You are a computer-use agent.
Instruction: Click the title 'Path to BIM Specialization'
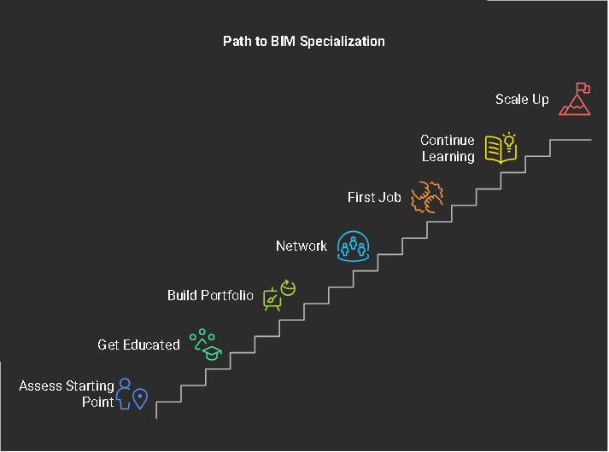pyautogui.click(x=304, y=41)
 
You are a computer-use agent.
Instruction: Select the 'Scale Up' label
pyautogui.click(x=522, y=100)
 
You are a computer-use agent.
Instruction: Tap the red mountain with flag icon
pyautogui.click(x=575, y=100)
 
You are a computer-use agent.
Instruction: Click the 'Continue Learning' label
pyautogui.click(x=448, y=148)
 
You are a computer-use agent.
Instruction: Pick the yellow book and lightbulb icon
pyautogui.click(x=501, y=148)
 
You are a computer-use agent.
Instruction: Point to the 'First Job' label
pyautogui.click(x=374, y=197)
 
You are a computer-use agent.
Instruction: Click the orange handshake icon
pyautogui.click(x=426, y=197)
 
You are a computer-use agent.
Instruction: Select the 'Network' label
pyautogui.click(x=301, y=246)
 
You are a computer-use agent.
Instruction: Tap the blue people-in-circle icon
pyautogui.click(x=353, y=246)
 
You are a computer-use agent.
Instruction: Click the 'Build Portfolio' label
pyautogui.click(x=210, y=296)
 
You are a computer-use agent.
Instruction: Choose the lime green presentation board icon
pyautogui.click(x=278, y=296)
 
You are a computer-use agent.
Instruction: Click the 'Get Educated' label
pyautogui.click(x=138, y=345)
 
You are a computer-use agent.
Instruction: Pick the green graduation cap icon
pyautogui.click(x=206, y=345)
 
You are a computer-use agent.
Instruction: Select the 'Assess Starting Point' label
pyautogui.click(x=67, y=394)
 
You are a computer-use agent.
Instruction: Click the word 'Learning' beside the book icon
pyautogui.click(x=448, y=157)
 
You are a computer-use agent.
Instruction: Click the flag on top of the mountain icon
pyautogui.click(x=582, y=88)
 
